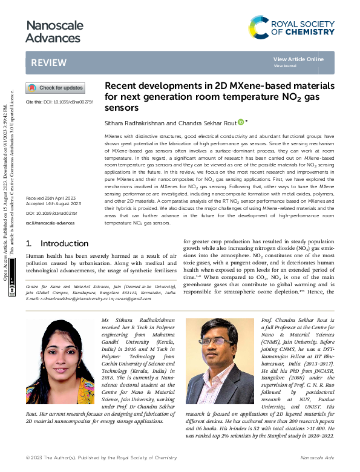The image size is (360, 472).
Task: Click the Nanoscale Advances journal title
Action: tap(53, 32)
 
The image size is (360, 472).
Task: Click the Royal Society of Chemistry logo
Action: tap(292, 27)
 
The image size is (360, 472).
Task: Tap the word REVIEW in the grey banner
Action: tap(45, 63)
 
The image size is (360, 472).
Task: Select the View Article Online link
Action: tap(298, 59)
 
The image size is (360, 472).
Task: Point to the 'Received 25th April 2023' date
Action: tap(50, 199)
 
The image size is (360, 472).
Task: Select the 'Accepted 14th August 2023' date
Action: tap(53, 205)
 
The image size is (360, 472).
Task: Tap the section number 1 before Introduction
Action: tap(29, 243)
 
